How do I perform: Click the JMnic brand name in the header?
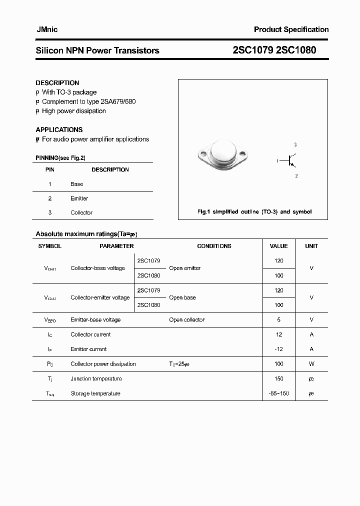coord(46,29)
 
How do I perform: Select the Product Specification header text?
coord(291,29)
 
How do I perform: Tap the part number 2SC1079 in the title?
coord(253,50)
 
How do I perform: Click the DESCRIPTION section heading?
coord(57,83)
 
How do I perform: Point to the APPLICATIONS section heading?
coord(59,129)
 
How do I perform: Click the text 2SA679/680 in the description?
coord(118,101)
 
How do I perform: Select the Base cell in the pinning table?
coord(77,184)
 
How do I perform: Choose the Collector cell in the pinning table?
coord(81,212)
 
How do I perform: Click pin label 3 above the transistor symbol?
coord(295,144)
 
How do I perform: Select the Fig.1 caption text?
coord(254,212)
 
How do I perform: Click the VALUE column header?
coord(278,246)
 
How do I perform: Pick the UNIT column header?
coord(311,246)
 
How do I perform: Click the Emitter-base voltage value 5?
coord(279,319)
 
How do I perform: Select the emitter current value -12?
coord(279,349)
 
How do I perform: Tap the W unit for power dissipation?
coord(311,364)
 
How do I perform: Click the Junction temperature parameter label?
coord(96,378)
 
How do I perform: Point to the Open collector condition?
coord(186,319)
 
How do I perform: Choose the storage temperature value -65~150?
coord(279,393)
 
